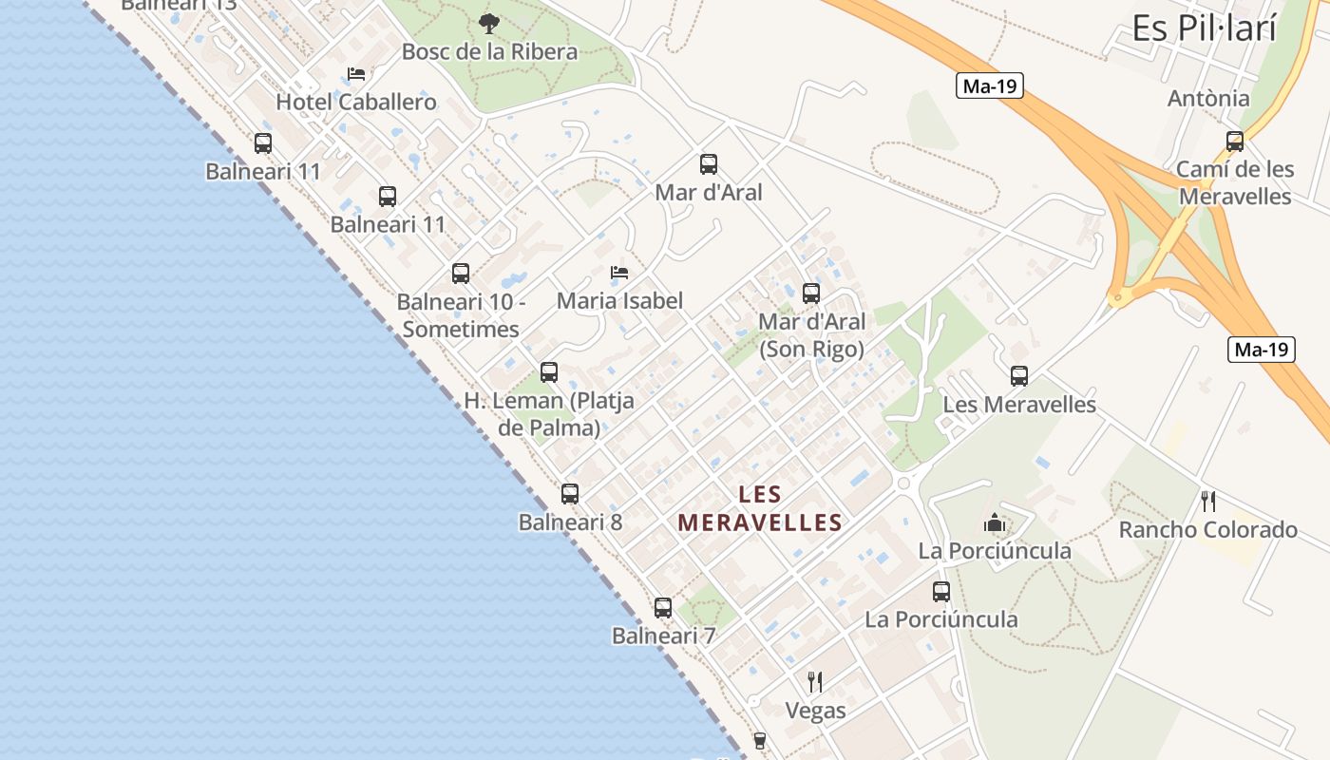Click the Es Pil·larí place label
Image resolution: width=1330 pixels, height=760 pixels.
tap(1204, 29)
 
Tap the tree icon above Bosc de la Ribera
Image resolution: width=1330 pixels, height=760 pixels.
tap(489, 24)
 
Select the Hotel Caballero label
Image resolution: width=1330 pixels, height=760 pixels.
tap(356, 102)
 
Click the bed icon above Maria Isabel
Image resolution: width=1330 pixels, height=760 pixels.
tap(619, 273)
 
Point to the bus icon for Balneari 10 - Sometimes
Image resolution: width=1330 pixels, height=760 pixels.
tap(461, 274)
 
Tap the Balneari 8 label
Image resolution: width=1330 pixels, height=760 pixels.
tap(570, 522)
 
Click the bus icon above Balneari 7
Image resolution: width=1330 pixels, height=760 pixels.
tap(663, 608)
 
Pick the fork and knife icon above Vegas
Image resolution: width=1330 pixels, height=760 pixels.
tap(815, 681)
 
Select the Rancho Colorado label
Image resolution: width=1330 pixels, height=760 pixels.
tap(1207, 529)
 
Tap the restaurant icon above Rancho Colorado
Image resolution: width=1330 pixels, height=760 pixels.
tap(1208, 501)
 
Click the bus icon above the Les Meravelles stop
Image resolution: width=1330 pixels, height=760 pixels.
tap(1019, 376)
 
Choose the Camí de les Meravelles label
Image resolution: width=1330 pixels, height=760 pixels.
tap(1234, 182)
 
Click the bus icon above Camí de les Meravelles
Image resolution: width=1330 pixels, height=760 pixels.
tap(1235, 142)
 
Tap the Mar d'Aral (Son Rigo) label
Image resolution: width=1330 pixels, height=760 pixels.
tap(811, 335)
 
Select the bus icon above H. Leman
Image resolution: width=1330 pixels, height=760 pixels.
tap(549, 372)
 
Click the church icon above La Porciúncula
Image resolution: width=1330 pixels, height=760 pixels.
tap(995, 522)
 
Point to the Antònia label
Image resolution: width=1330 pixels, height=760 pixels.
tap(1208, 98)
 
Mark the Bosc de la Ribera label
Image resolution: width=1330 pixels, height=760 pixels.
tap(489, 51)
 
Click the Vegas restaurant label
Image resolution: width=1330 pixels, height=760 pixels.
tap(815, 710)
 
